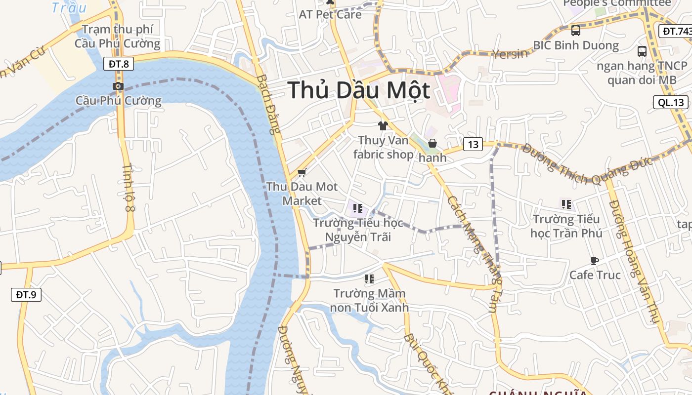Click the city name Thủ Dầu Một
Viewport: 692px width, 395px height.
click(x=359, y=91)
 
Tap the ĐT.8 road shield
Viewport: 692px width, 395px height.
click(x=119, y=64)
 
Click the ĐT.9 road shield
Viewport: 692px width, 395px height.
click(x=26, y=295)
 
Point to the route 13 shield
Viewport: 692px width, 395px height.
click(x=473, y=144)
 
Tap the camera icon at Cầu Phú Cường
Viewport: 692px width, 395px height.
click(x=118, y=86)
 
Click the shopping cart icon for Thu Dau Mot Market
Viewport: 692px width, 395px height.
click(x=302, y=173)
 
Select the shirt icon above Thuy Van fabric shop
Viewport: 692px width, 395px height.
click(x=383, y=126)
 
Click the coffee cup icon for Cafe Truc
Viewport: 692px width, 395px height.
click(x=595, y=260)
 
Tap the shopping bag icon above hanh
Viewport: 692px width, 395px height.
click(x=432, y=144)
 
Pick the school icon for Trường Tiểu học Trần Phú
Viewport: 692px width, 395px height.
click(x=566, y=204)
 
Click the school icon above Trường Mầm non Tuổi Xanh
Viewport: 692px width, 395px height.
click(x=369, y=279)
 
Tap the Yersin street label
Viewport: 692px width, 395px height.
click(x=510, y=53)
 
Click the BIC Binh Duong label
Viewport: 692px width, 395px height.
click(x=576, y=45)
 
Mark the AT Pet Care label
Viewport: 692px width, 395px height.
click(x=330, y=14)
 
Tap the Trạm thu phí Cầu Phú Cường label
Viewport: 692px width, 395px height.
click(x=118, y=37)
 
